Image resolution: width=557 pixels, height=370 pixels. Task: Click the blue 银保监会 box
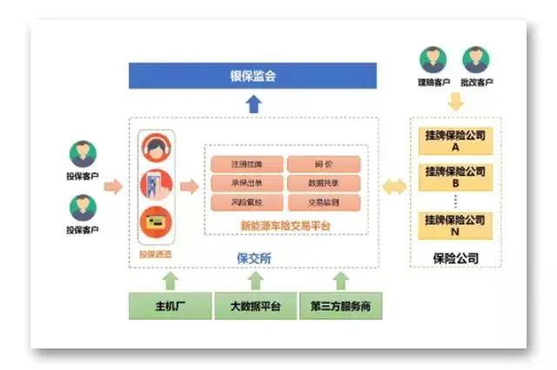tap(254, 76)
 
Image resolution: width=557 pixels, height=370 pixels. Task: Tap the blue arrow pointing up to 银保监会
tap(253, 104)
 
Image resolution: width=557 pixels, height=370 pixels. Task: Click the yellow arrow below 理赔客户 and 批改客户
tap(455, 101)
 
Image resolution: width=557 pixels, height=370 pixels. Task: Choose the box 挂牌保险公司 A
tap(455, 141)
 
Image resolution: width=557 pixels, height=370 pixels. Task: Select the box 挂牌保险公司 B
tap(455, 178)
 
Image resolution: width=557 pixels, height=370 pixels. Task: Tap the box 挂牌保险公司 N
tap(455, 225)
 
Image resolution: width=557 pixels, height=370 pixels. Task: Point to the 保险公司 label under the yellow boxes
tap(455, 259)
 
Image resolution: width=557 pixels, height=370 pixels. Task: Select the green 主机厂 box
tap(171, 306)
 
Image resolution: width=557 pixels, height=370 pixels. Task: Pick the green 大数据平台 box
tap(255, 306)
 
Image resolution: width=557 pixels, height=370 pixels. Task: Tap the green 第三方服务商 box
tap(341, 306)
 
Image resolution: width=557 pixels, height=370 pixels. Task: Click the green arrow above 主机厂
tap(171, 280)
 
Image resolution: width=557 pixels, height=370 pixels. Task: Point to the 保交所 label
tap(255, 258)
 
